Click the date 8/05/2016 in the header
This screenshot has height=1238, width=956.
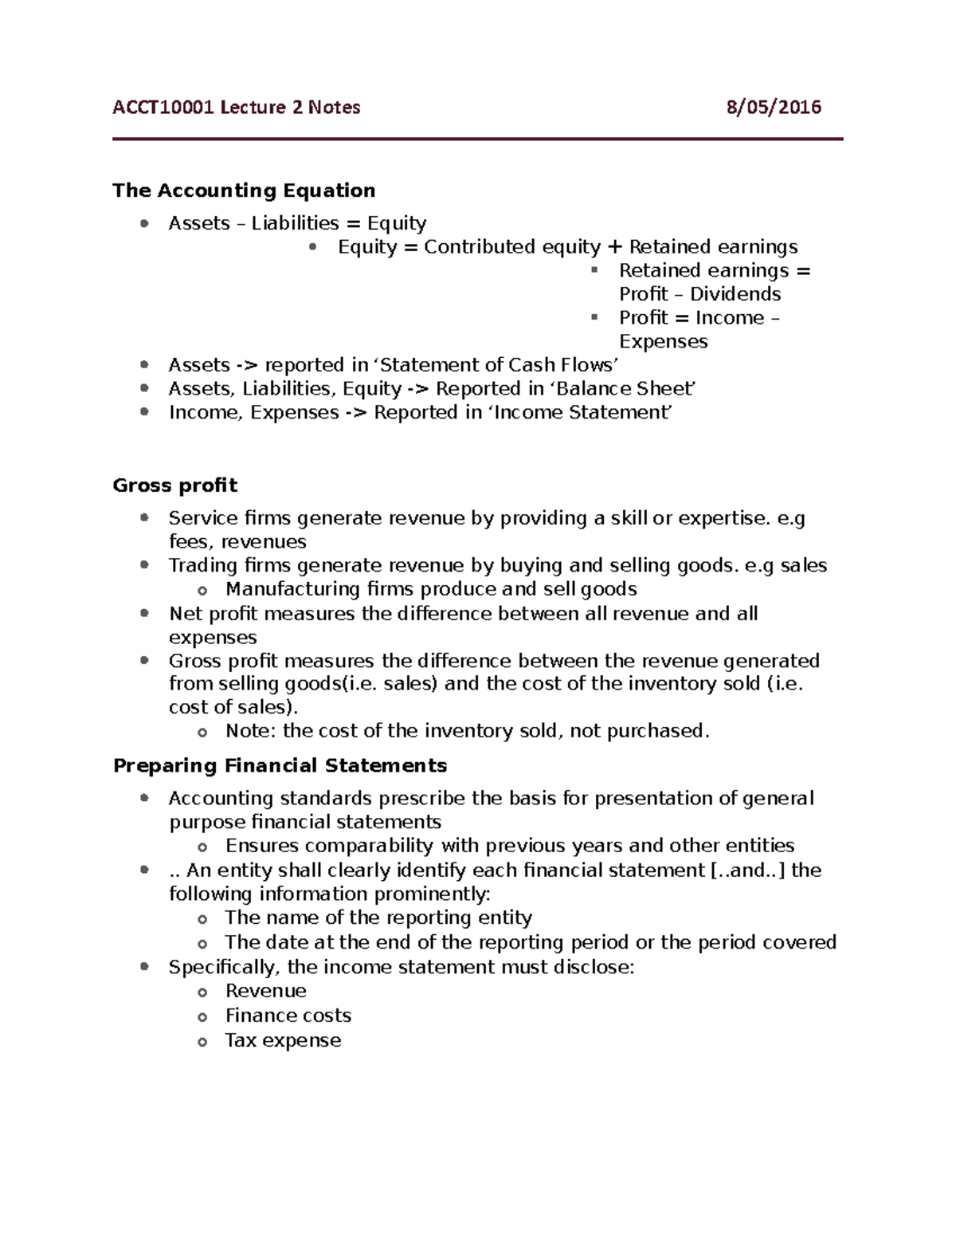click(x=773, y=108)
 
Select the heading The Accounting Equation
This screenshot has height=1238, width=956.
click(x=244, y=191)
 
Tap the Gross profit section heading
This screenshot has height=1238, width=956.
click(x=175, y=485)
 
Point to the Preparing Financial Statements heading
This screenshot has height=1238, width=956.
click(x=280, y=766)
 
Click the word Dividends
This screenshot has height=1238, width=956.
click(x=735, y=294)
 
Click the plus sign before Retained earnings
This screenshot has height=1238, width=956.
click(x=614, y=247)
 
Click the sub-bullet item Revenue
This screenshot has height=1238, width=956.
click(x=265, y=991)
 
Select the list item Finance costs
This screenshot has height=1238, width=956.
click(x=288, y=1016)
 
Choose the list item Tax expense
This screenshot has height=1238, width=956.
click(x=283, y=1040)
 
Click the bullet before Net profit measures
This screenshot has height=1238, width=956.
click(x=144, y=613)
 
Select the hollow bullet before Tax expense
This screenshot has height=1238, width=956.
click(x=202, y=1042)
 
